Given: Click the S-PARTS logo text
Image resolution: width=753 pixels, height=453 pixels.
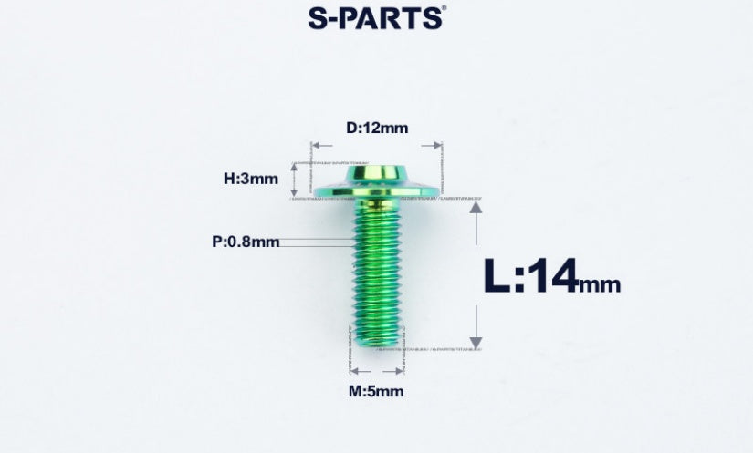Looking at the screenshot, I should coord(376,18).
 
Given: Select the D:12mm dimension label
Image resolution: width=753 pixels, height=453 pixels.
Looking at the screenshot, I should coord(377,128).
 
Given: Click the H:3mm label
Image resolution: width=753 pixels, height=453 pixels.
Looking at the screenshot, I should coord(251,179).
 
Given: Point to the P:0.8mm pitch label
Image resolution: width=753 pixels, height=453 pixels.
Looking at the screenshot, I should coord(246,242).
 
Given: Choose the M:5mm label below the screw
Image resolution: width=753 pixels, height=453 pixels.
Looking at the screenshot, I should coord(376,391).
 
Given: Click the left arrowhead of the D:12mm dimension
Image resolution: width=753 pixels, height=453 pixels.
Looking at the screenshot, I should coord(315,144).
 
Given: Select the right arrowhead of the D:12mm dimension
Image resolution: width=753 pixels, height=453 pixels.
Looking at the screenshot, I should coord(438,144).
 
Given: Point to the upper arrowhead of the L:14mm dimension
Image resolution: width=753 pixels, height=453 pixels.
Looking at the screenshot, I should coord(475,207).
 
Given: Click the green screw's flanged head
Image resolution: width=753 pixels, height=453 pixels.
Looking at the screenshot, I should coord(376,180).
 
